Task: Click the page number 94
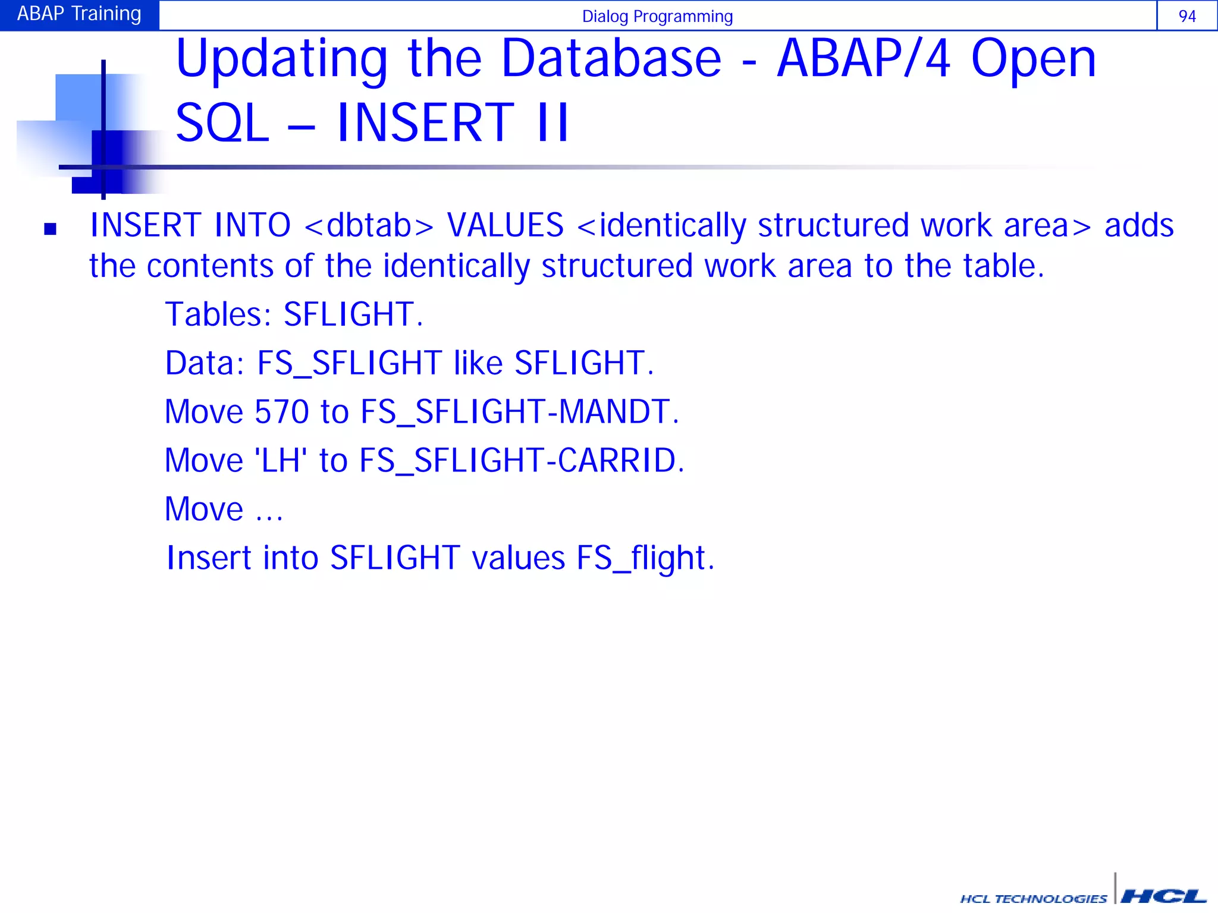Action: point(1186,16)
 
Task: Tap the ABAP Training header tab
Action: point(79,14)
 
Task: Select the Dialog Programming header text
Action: point(657,17)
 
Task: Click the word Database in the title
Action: point(611,59)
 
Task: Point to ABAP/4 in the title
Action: point(864,59)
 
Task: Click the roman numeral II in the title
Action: point(553,123)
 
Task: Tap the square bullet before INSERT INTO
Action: point(51,229)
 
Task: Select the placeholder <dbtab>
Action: point(369,226)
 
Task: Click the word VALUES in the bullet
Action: point(505,226)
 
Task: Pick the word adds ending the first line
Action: point(1139,226)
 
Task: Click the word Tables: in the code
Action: point(218,314)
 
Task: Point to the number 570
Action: point(281,412)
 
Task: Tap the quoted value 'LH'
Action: point(281,461)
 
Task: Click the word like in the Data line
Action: point(478,363)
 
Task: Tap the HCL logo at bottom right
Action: point(1163,896)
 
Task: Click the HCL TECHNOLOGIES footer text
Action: point(1034,899)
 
